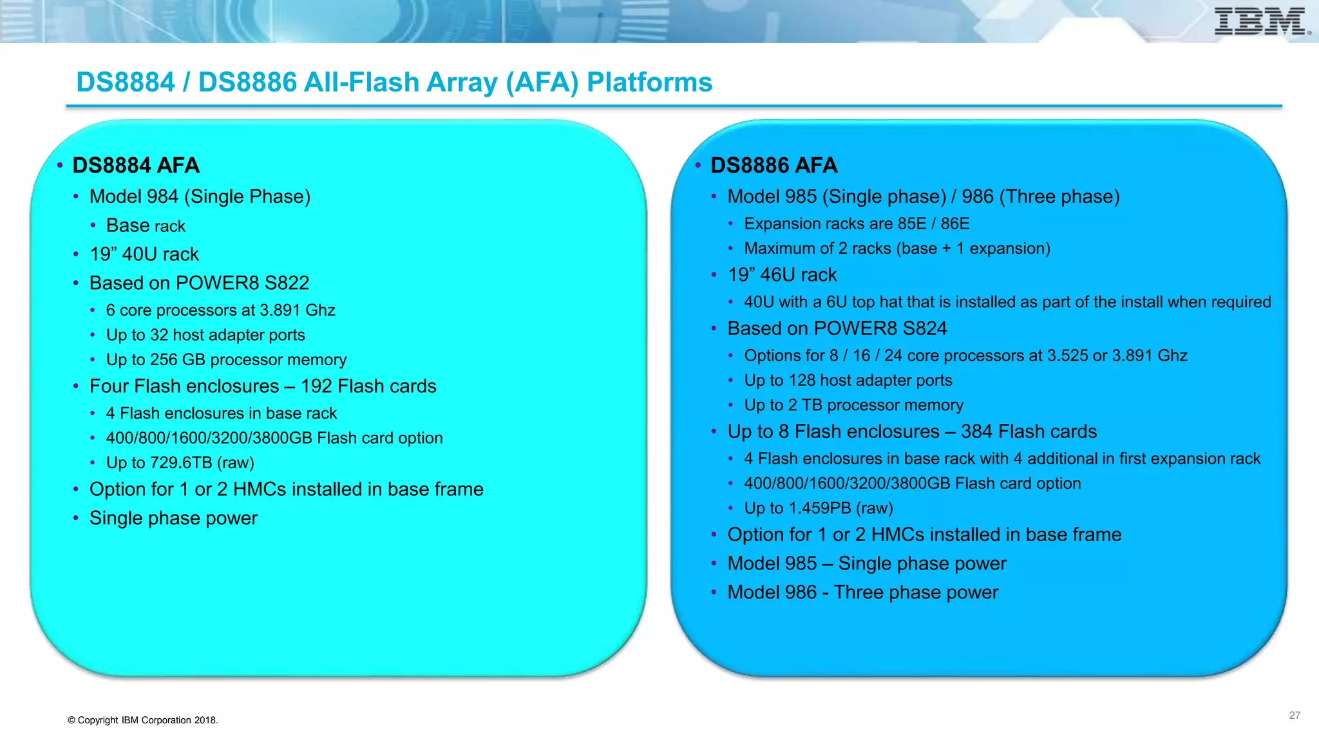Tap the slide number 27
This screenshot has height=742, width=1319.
tap(1295, 716)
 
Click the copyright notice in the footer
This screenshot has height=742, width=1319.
tap(143, 720)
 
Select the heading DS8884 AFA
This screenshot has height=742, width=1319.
tap(136, 166)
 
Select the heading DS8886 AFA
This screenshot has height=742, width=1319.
tap(773, 166)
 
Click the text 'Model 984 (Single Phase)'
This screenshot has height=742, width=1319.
tap(200, 196)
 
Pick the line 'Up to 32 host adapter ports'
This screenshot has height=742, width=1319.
tap(205, 335)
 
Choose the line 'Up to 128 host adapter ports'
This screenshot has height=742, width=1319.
tap(848, 381)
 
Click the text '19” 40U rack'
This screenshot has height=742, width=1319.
tap(144, 254)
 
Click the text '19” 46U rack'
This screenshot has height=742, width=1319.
tap(782, 275)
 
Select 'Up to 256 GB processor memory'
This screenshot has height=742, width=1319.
tap(226, 360)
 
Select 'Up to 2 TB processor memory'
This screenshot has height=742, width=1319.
tap(853, 405)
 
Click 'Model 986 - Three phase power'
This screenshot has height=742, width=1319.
tap(862, 593)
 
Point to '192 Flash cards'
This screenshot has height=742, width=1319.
tap(368, 386)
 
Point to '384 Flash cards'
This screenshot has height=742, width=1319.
tap(1029, 432)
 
